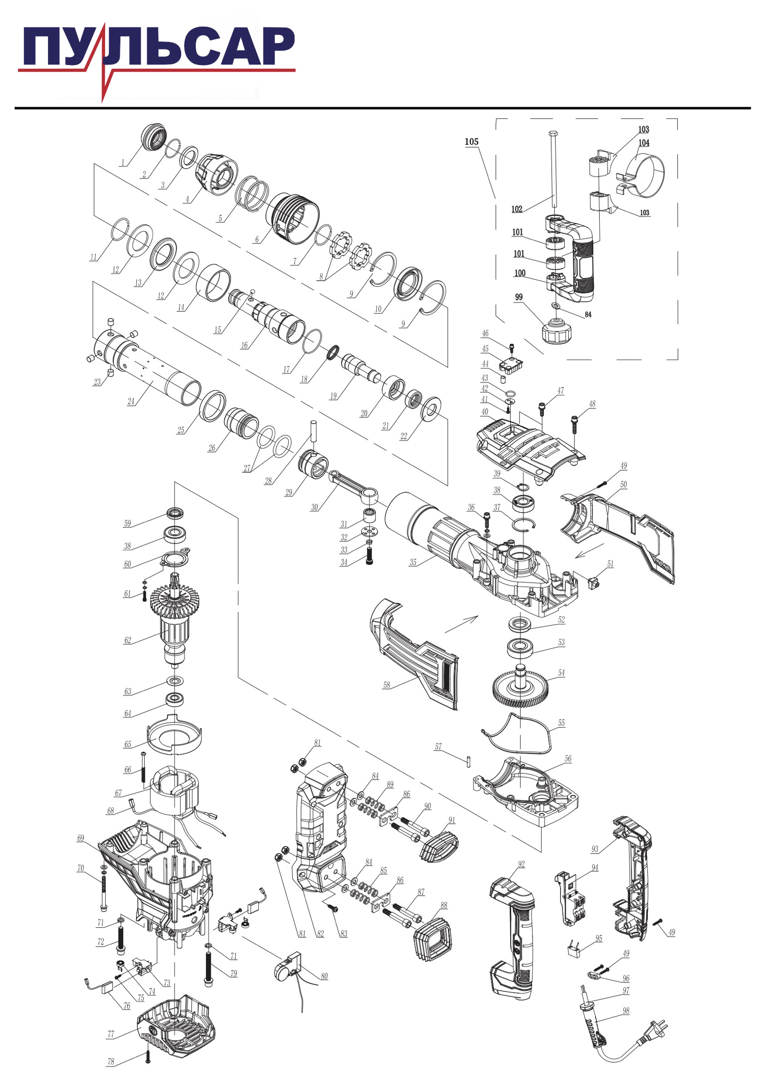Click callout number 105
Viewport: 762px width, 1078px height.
(472, 142)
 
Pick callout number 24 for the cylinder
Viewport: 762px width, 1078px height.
(131, 402)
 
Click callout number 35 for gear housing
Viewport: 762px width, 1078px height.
(413, 563)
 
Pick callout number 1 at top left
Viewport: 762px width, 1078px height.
(123, 163)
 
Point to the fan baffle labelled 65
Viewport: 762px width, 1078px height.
(174, 735)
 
